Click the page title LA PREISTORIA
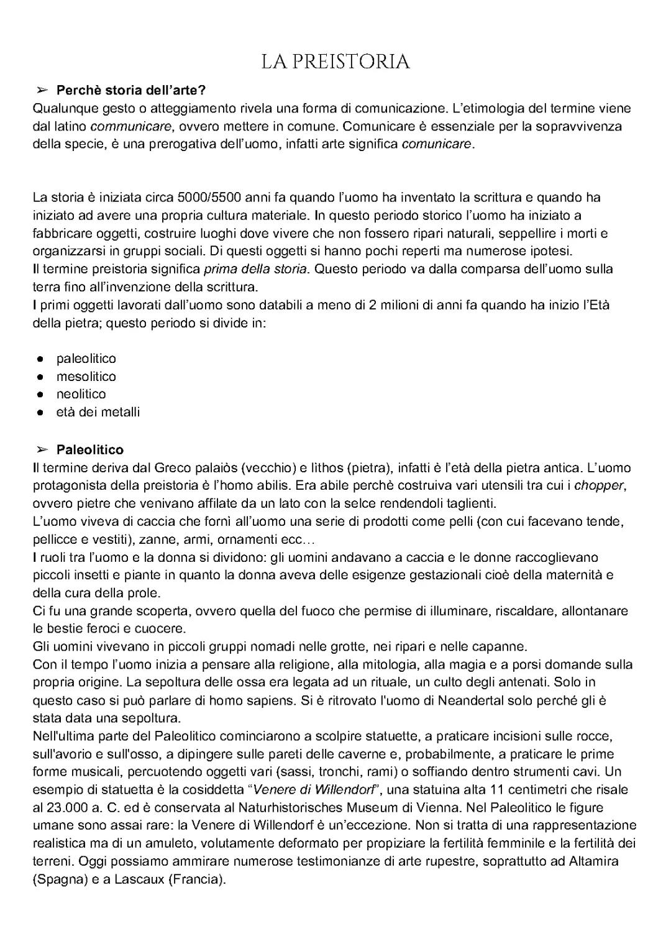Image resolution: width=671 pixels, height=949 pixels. pos(335,62)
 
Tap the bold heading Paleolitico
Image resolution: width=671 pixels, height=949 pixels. pos(90,449)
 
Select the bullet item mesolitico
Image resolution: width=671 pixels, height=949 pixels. pos(86,377)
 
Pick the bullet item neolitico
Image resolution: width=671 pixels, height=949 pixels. pos(81,394)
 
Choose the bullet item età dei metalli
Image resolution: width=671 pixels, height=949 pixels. pos(98,412)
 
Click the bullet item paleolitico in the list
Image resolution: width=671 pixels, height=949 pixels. pos(86,359)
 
